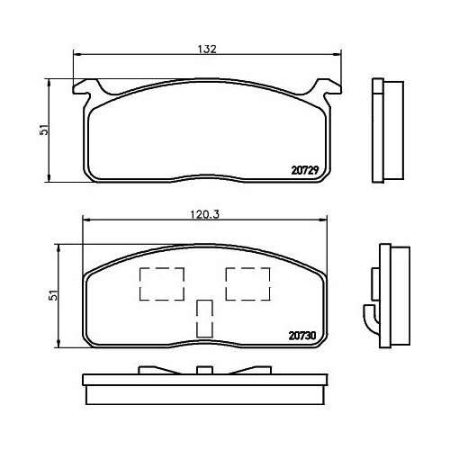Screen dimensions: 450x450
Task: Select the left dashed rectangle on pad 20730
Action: [x=160, y=283]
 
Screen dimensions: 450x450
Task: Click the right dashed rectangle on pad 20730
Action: [x=246, y=283]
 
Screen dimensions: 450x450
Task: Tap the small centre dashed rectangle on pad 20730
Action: [x=203, y=317]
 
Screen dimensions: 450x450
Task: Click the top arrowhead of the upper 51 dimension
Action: [x=50, y=82]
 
